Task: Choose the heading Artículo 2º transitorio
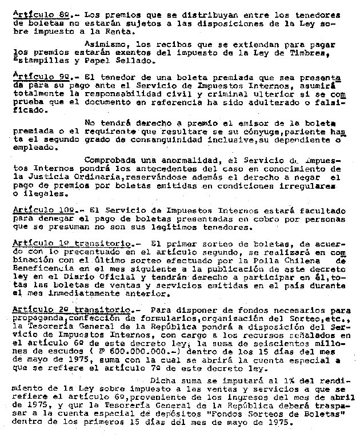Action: [x=65, y=309]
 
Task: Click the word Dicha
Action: [x=162, y=380]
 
